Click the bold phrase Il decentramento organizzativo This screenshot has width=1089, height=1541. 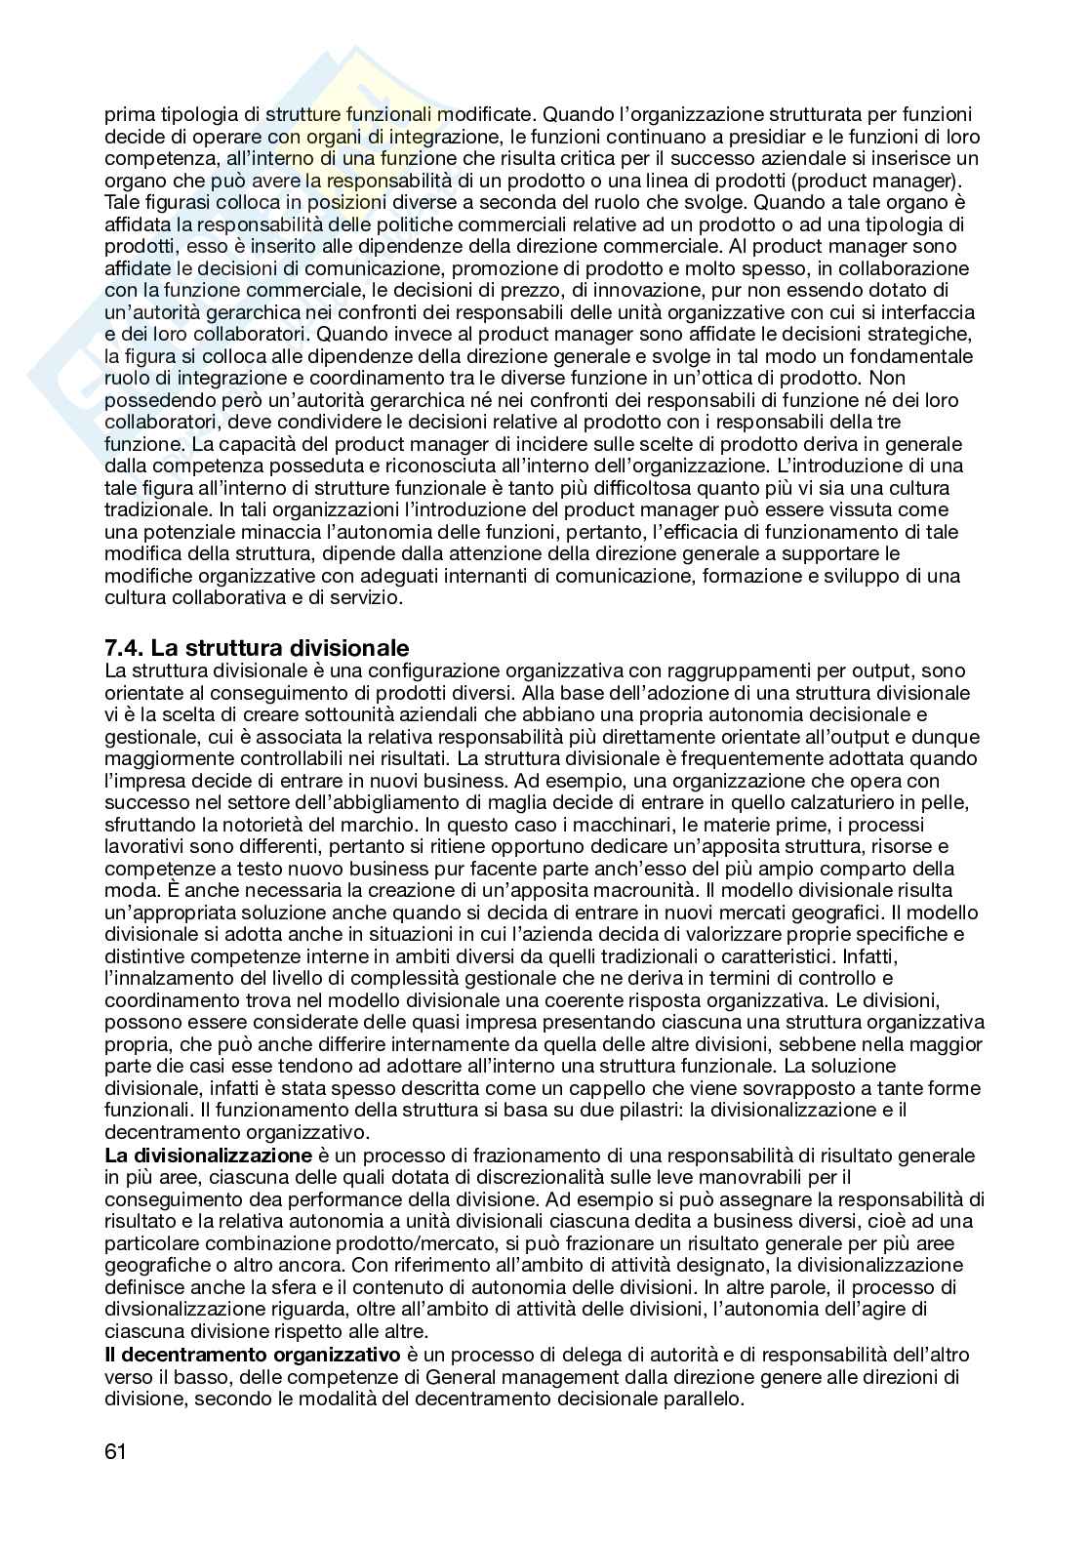[253, 1355]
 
